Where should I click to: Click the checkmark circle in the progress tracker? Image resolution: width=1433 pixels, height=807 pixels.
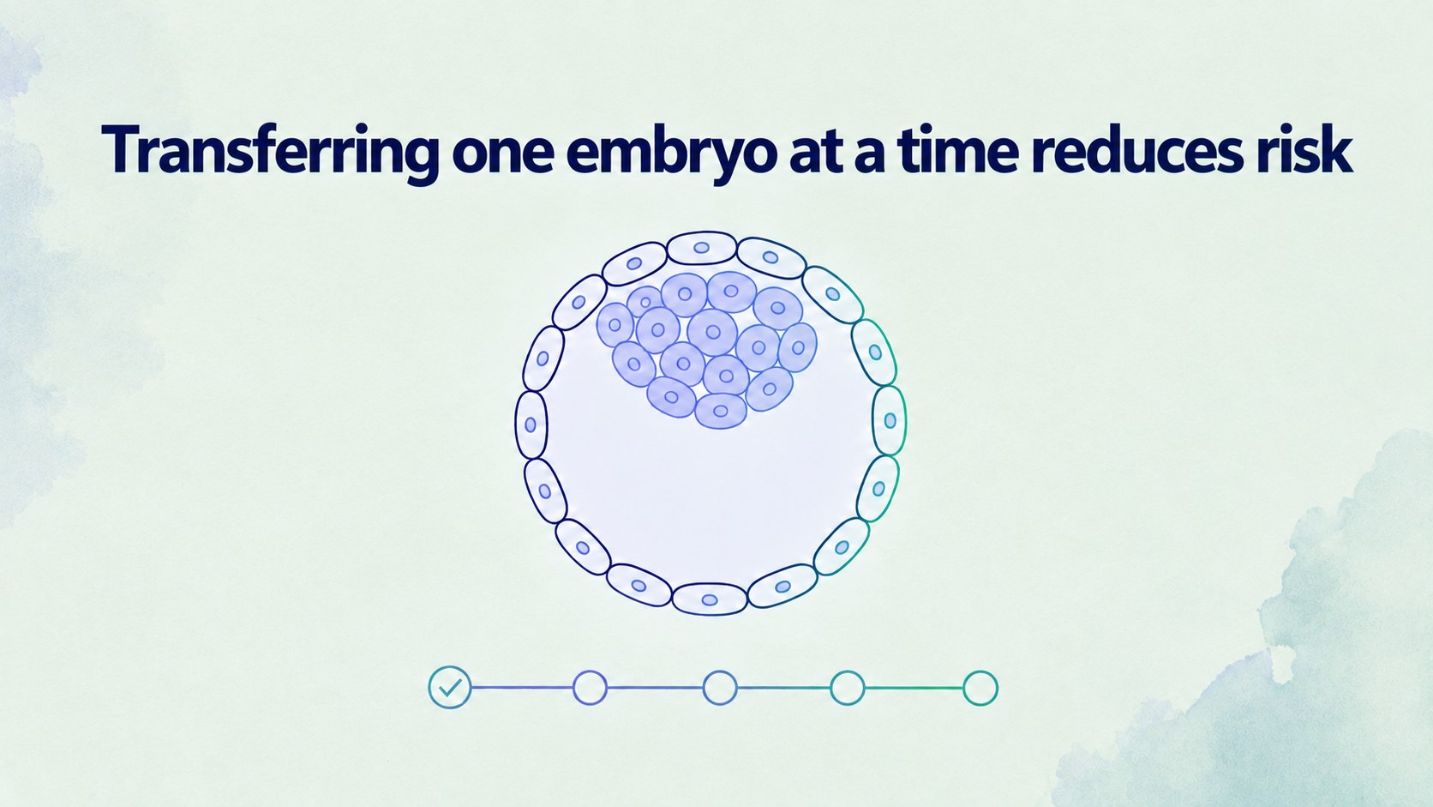click(x=450, y=687)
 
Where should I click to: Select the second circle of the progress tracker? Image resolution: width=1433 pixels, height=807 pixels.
click(x=590, y=688)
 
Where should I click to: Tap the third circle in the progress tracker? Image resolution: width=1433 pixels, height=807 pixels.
click(x=720, y=688)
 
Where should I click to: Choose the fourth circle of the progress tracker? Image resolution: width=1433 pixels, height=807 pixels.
click(x=848, y=688)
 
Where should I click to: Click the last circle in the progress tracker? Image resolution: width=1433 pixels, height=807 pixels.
click(x=980, y=688)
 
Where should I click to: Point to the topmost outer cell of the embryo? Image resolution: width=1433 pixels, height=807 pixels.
click(x=702, y=248)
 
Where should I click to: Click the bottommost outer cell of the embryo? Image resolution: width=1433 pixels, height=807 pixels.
click(x=710, y=599)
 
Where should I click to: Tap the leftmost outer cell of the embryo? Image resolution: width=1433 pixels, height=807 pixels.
click(x=531, y=425)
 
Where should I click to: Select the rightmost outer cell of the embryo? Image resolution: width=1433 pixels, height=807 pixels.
click(x=890, y=420)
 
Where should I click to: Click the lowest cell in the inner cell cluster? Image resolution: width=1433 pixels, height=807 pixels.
click(x=720, y=411)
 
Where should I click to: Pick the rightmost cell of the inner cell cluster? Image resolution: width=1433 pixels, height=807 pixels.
click(x=798, y=347)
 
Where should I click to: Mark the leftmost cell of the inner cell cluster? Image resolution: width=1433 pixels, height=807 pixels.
click(x=615, y=325)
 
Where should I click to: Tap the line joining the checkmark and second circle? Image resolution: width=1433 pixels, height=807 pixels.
click(x=522, y=688)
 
